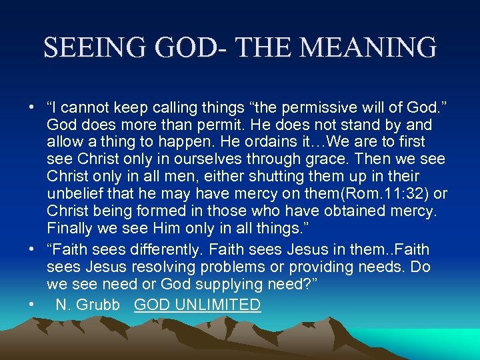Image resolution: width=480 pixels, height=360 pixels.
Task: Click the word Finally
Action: tap(70, 229)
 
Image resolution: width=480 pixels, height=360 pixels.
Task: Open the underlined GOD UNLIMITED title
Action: tap(197, 305)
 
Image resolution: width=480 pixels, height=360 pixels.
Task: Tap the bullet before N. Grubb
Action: tap(31, 305)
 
